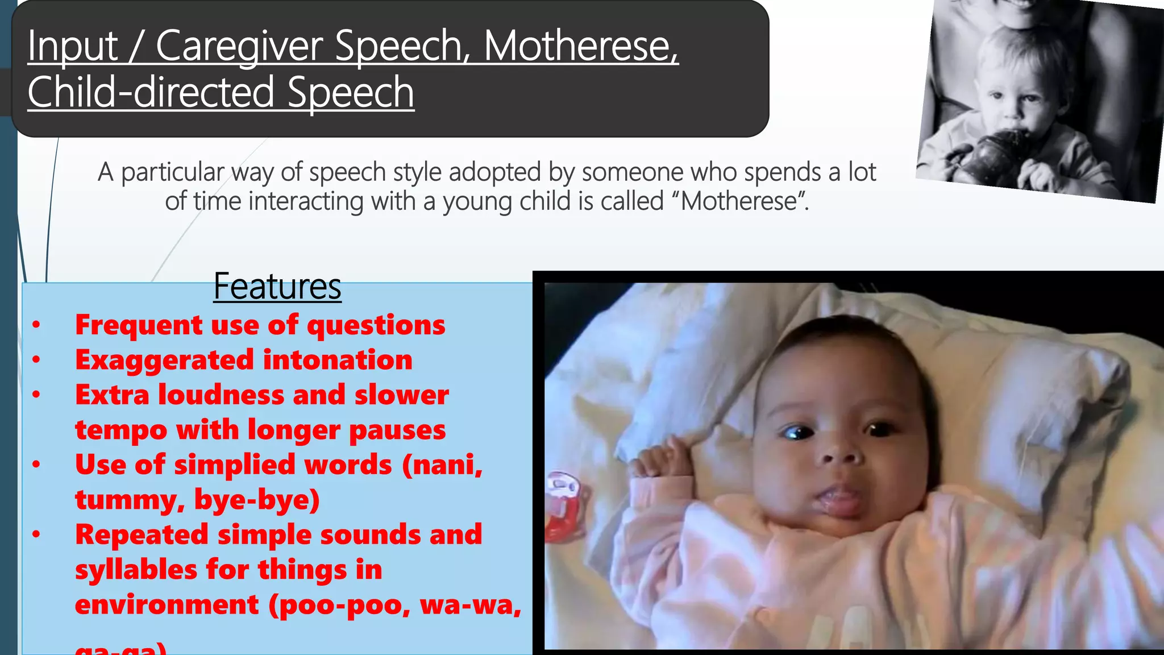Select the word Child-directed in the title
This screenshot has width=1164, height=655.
(x=151, y=92)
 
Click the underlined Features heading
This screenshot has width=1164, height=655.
(x=277, y=287)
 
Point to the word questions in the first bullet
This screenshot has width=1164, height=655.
(x=376, y=325)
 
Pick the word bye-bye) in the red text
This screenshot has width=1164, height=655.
(x=257, y=499)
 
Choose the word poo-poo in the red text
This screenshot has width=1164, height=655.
(x=344, y=604)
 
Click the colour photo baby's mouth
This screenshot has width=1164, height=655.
(x=838, y=500)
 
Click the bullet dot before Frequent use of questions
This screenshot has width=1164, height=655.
(x=36, y=325)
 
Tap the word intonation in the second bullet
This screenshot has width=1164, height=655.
(x=338, y=360)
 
